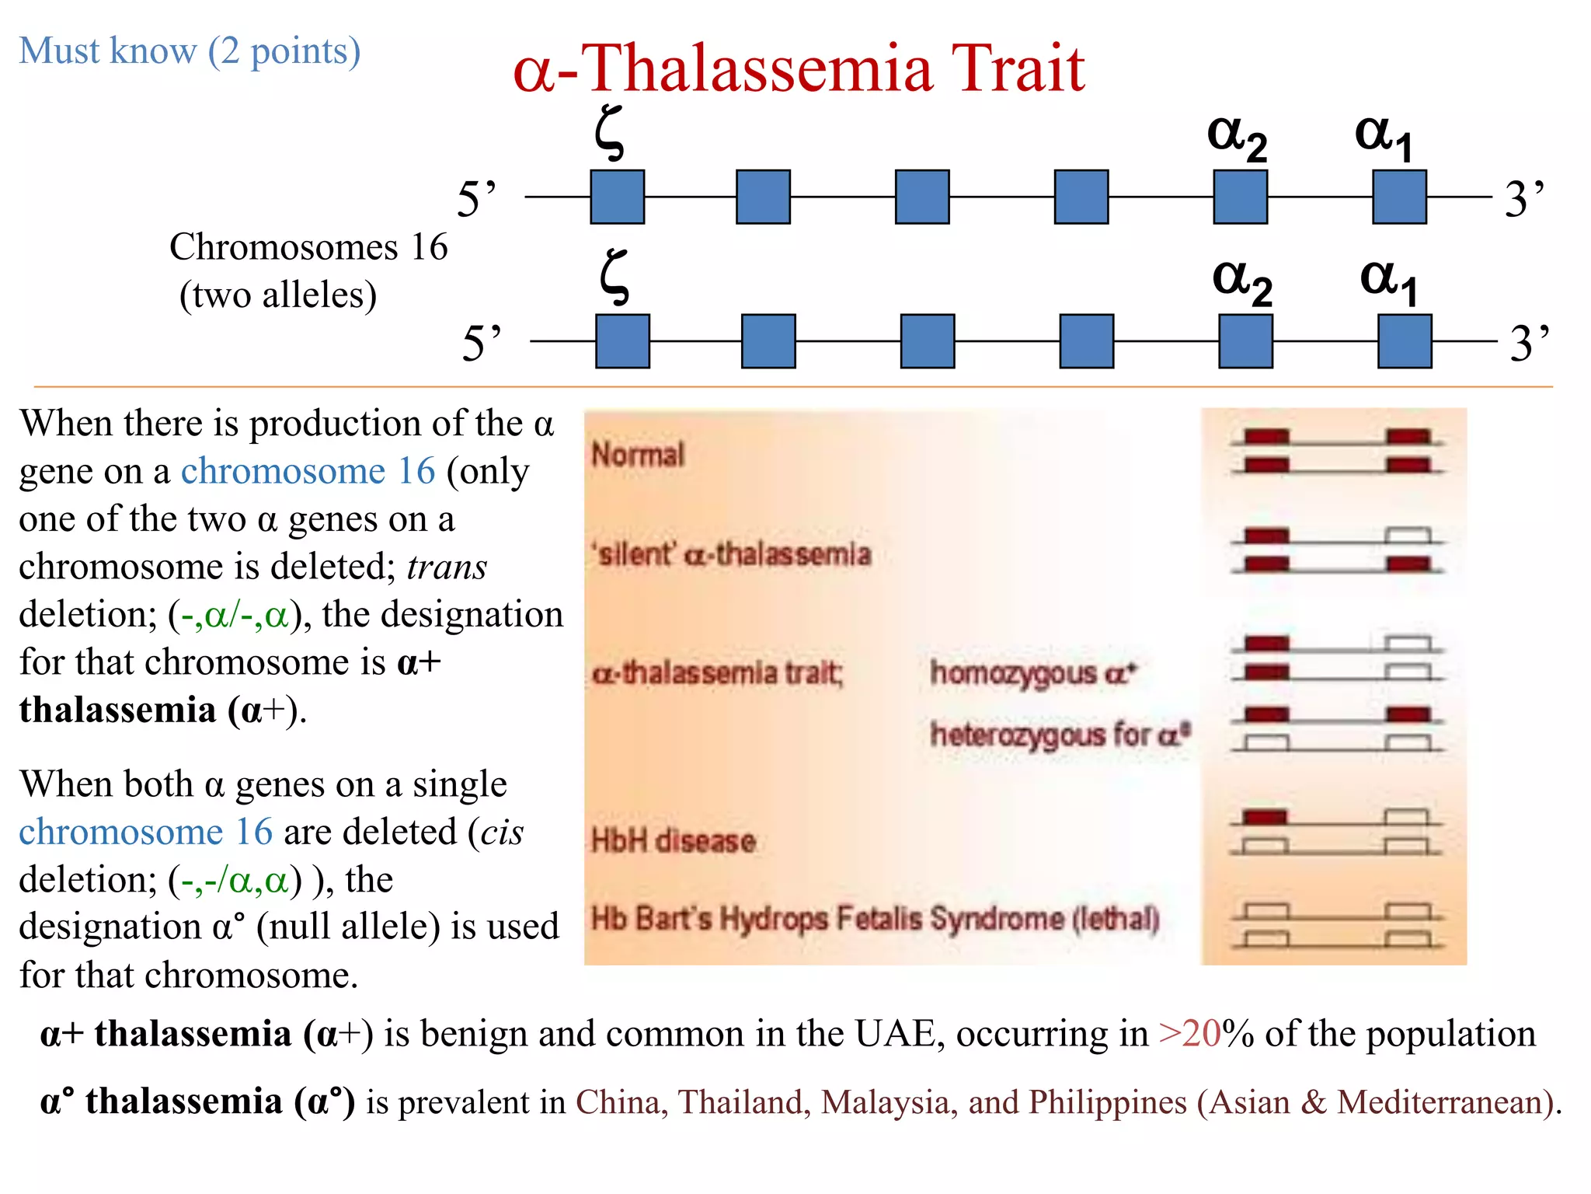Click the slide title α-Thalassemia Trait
pos(799,68)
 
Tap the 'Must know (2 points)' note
pos(190,51)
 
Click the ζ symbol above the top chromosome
pos(610,133)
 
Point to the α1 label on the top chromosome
pos(1384,137)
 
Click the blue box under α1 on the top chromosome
pos(1399,197)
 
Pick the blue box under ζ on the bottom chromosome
pos(622,341)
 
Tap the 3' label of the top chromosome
pos(1524,199)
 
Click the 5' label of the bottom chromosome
pos(482,343)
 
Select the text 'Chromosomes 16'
pos(308,247)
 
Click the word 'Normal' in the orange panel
pos(638,455)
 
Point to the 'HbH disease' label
pos(673,841)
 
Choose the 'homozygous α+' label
pos(1033,673)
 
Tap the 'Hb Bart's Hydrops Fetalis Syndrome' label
pos(875,919)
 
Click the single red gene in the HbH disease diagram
pos(1265,817)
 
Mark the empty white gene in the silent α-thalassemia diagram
pos(1408,536)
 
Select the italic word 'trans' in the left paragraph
pos(447,567)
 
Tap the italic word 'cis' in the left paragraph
pos(502,833)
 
